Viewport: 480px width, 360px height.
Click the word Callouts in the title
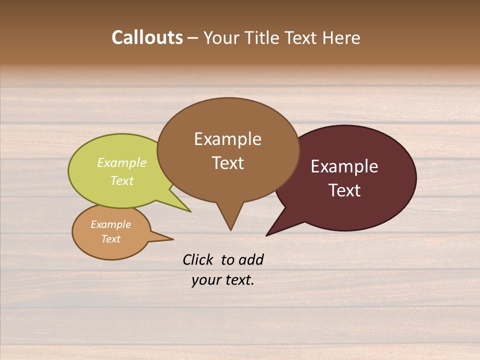(x=147, y=37)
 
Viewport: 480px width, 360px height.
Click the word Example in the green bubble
(x=122, y=162)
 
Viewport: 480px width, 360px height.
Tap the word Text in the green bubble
(x=122, y=180)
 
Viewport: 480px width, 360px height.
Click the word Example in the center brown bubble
(x=227, y=138)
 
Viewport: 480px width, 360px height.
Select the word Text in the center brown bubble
(x=227, y=162)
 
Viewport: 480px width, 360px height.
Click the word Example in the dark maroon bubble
(x=344, y=166)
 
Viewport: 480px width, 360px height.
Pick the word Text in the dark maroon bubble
(x=344, y=190)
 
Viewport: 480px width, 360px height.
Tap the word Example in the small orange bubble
(x=110, y=224)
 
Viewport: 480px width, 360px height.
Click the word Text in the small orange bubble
(x=110, y=239)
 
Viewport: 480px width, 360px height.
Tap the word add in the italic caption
(x=250, y=259)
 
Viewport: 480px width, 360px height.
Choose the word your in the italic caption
(x=206, y=280)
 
